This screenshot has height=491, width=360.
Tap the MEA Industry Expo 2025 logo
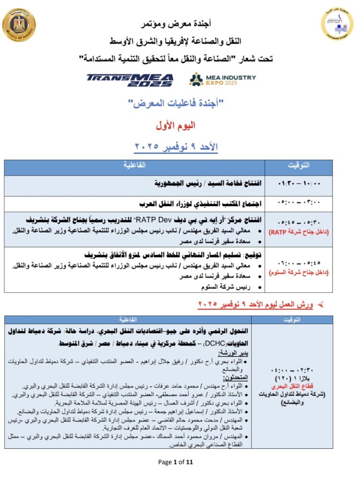pos(222,79)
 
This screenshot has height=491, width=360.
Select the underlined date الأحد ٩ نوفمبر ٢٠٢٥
pos(177,147)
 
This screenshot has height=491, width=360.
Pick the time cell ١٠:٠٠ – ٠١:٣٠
pos(298,183)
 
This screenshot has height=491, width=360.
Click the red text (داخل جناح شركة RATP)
pos(298,232)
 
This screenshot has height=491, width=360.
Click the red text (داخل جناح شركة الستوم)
pos(298,273)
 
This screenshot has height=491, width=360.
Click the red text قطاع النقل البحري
pos(298,387)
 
